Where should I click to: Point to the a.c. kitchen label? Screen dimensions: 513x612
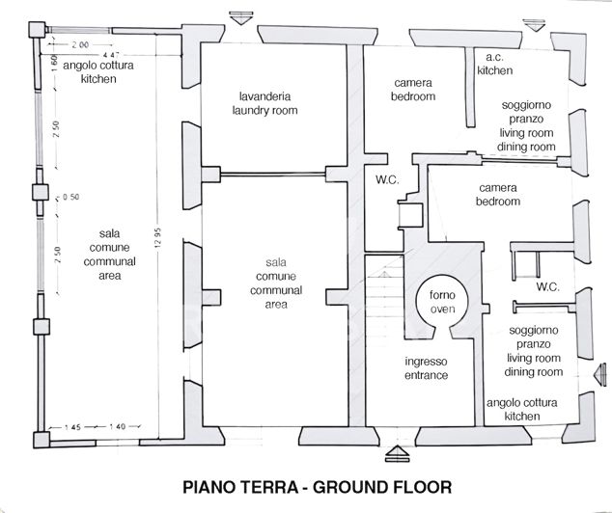coord(496,64)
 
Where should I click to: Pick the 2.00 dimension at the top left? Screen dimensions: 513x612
coord(78,44)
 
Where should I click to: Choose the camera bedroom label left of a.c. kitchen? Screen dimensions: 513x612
coord(413,90)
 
